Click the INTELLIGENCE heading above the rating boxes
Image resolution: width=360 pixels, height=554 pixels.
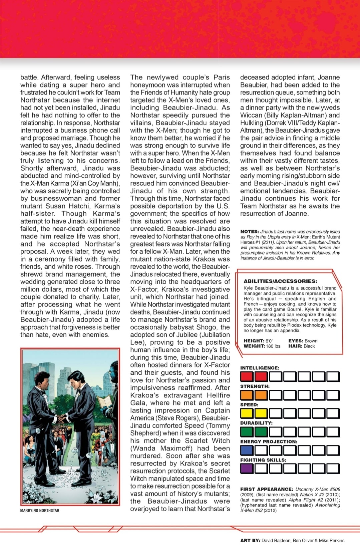click(260, 368)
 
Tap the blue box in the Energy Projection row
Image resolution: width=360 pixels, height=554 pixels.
click(247, 450)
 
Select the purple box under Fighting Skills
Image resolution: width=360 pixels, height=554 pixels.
click(247, 469)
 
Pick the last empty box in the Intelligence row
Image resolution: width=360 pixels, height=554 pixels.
click(333, 377)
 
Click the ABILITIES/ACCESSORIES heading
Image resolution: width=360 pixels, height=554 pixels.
click(280, 281)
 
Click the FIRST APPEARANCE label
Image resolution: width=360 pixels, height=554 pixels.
click(267, 489)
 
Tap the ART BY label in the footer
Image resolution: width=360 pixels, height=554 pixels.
click(250, 540)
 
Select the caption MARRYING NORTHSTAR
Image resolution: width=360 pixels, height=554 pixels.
click(40, 511)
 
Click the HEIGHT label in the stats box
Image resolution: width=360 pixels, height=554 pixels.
click(254, 341)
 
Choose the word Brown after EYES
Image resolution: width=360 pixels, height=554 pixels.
click(311, 341)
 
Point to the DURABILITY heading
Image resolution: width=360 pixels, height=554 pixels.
click(256, 423)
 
